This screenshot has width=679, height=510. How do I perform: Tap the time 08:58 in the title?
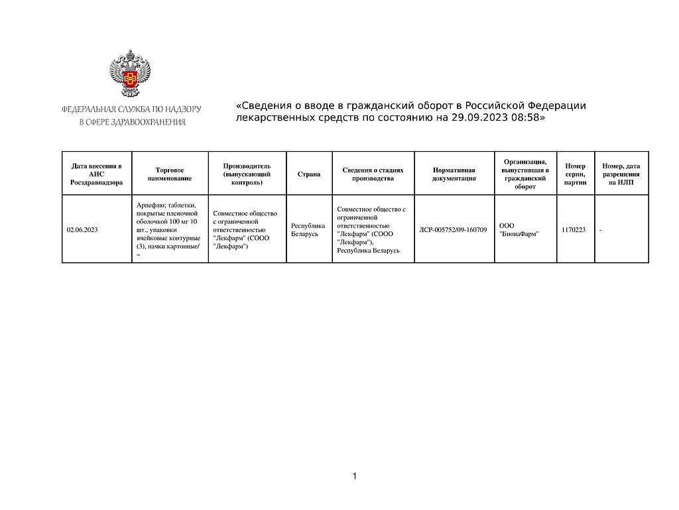pyautogui.click(x=526, y=117)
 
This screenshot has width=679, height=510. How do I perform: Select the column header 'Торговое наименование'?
pyautogui.click(x=170, y=174)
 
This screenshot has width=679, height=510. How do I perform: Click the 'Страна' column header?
pyautogui.click(x=309, y=174)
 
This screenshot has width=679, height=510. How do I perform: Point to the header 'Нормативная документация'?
pyautogui.click(x=454, y=174)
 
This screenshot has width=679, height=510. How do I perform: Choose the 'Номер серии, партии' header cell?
pyautogui.click(x=575, y=174)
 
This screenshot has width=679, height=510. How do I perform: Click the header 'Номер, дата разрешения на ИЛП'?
pyautogui.click(x=621, y=174)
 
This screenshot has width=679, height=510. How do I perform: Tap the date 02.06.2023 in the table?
pyautogui.click(x=82, y=229)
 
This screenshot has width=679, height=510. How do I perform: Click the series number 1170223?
pyautogui.click(x=573, y=229)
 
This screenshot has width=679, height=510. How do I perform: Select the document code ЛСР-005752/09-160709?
pyautogui.click(x=454, y=229)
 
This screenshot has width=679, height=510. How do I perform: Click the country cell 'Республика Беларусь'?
pyautogui.click(x=308, y=229)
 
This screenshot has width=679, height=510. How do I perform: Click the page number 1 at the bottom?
pyautogui.click(x=355, y=476)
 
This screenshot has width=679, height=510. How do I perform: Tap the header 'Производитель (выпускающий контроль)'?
pyautogui.click(x=247, y=174)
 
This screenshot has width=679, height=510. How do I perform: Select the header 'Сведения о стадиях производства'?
pyautogui.click(x=373, y=174)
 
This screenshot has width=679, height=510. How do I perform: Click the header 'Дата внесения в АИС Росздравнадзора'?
pyautogui.click(x=96, y=174)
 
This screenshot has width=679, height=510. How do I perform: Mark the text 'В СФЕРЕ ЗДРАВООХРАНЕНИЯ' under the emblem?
pyautogui.click(x=133, y=122)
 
